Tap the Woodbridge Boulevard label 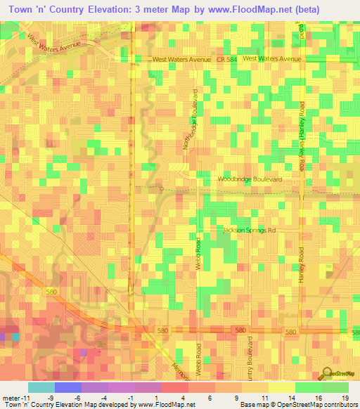(249, 180)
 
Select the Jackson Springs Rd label (250, 231)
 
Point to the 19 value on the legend (345, 398)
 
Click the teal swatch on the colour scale (41, 387)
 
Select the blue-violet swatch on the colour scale (67, 387)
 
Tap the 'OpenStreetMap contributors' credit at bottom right (320, 405)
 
